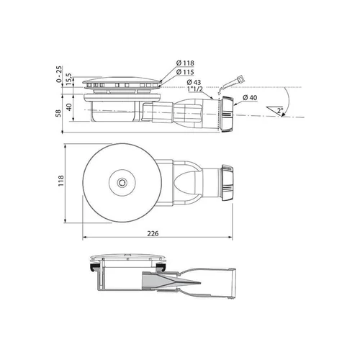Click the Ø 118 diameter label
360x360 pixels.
185,63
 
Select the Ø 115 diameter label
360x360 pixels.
185,72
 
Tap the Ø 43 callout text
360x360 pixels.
194,82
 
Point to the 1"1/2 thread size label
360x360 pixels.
194,89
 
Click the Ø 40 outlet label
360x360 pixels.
250,98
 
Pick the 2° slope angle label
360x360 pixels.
280,111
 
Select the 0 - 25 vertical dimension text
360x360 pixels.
59,74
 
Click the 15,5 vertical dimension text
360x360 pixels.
68,79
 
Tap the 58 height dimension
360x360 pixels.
58,113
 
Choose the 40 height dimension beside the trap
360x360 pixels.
69,107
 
